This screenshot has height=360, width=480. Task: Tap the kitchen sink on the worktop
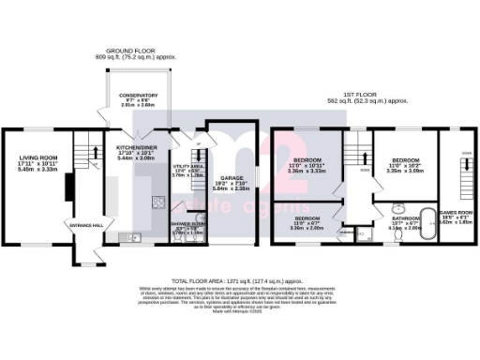(133, 238)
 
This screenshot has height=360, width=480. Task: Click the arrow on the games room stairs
(453, 159)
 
